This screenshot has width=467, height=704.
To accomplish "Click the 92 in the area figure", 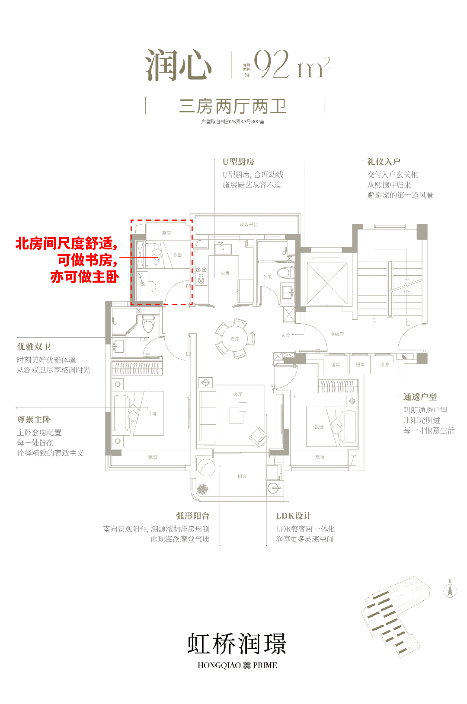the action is [x=271, y=64].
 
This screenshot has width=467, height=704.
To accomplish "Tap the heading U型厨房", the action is [x=238, y=162].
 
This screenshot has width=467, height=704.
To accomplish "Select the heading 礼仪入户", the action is [x=384, y=162].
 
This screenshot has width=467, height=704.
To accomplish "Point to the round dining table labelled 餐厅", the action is [x=235, y=339].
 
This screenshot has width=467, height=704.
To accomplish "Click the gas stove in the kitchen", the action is [x=201, y=275].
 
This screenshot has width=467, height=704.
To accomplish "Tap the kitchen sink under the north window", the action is [x=223, y=248].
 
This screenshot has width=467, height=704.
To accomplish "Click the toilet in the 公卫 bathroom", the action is [x=284, y=273].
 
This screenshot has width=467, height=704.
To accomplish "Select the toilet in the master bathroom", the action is [x=148, y=323].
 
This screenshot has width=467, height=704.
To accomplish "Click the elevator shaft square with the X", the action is [x=327, y=283].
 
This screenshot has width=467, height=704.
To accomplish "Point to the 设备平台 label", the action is [x=249, y=225].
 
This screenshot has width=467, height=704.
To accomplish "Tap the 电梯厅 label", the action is [x=337, y=334].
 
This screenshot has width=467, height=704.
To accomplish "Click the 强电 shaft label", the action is [x=336, y=365].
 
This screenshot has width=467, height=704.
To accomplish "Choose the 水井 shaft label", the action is [x=384, y=365].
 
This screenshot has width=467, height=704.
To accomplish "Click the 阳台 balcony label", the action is [x=242, y=476].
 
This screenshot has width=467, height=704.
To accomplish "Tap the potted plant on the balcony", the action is [x=202, y=489].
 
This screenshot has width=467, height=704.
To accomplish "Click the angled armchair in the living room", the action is [x=259, y=437].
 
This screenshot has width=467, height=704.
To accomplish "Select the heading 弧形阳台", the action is [x=193, y=516].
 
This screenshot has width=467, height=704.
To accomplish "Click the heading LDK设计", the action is [x=293, y=516].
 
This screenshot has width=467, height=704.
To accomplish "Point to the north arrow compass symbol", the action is [x=450, y=590].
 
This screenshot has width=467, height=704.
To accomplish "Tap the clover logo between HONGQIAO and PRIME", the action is [x=247, y=665].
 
